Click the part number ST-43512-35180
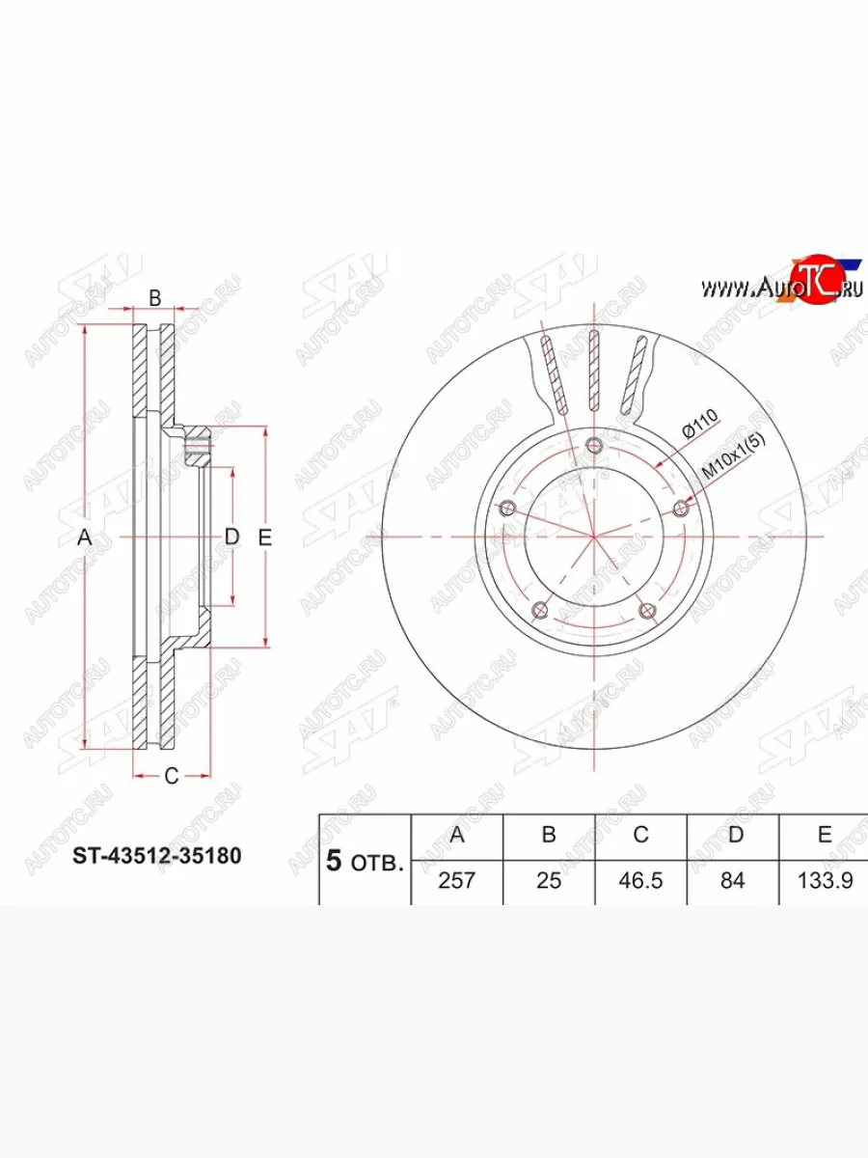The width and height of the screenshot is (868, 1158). coord(157,855)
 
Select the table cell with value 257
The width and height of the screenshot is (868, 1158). coord(457,881)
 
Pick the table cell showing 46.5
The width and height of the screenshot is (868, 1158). coord(640,881)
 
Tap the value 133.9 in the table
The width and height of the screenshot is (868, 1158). coord(824,881)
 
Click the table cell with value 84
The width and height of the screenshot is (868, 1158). coord(733,881)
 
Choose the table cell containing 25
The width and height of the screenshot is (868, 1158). coord(549,881)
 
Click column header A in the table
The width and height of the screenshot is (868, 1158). coord(457,835)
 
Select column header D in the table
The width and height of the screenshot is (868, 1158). coord(733,835)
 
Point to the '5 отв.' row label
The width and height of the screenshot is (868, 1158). coord(365,861)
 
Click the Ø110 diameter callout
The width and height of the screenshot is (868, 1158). coord(699,426)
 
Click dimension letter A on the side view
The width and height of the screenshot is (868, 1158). coord(85,538)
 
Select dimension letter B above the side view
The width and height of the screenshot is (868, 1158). coord(153,297)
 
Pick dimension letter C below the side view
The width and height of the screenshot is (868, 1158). coord(171,776)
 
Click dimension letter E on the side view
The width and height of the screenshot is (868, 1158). coord(265,538)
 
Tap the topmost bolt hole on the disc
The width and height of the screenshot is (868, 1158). coord(593,445)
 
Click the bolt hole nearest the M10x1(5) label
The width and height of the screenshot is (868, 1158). coord(681,508)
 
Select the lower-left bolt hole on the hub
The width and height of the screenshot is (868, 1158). coord(540,610)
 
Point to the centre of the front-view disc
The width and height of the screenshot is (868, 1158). coord(593,537)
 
